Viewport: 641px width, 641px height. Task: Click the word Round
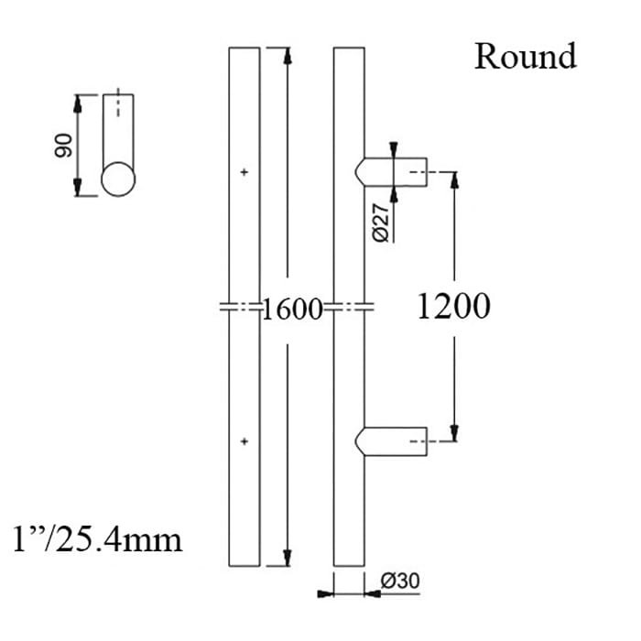tap(525, 56)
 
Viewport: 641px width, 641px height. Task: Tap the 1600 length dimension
tap(293, 310)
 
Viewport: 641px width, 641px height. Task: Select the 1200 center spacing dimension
tap(453, 307)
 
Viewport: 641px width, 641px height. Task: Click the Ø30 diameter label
tap(399, 581)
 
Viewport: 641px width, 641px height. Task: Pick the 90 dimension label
tap(62, 146)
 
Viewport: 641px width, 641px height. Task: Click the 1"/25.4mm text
tap(98, 538)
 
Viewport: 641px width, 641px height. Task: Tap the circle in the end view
tap(118, 178)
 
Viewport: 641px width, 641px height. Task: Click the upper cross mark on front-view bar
tap(244, 171)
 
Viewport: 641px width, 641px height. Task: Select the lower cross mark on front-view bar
tap(244, 441)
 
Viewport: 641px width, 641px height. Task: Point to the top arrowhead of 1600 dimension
tap(288, 53)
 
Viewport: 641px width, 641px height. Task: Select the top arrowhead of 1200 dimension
tap(453, 178)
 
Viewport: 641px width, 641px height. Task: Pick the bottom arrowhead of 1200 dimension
tap(453, 434)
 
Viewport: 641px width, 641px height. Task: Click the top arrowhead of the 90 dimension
tap(79, 102)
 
